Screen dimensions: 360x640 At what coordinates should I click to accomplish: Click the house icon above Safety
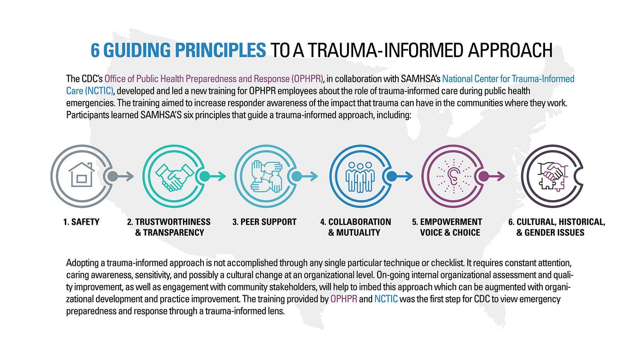click(x=81, y=175)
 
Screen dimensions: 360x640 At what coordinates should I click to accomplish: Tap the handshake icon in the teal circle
click(x=174, y=176)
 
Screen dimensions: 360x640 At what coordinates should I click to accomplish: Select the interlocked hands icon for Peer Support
click(x=266, y=176)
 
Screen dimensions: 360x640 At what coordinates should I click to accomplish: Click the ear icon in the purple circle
click(x=452, y=176)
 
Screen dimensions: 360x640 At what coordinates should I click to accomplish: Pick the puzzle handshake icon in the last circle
click(x=552, y=176)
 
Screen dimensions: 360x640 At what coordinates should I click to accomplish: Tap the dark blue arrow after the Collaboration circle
click(x=400, y=176)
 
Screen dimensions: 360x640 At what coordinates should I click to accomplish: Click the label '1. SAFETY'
click(x=81, y=222)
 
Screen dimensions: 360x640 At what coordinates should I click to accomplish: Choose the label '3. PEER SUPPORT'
click(x=264, y=222)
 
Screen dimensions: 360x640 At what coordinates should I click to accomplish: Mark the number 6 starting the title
click(x=95, y=50)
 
